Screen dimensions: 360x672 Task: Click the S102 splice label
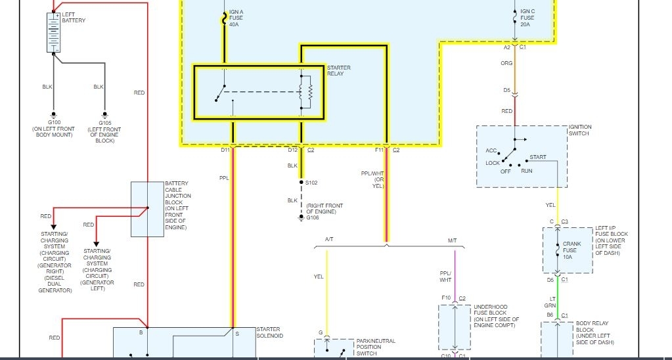(x=311, y=183)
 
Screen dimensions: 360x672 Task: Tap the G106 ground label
(x=312, y=217)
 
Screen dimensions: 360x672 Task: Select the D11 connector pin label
(x=225, y=150)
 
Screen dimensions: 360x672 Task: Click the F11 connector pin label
(x=379, y=150)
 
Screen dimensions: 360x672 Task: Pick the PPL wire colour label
(x=224, y=177)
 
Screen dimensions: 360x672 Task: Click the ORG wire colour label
(x=506, y=64)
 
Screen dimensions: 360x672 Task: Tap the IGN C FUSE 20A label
(x=527, y=18)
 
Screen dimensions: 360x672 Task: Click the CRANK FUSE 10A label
(x=571, y=250)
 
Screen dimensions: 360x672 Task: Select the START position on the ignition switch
(x=538, y=158)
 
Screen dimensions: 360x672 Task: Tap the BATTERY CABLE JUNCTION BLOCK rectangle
(x=147, y=209)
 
